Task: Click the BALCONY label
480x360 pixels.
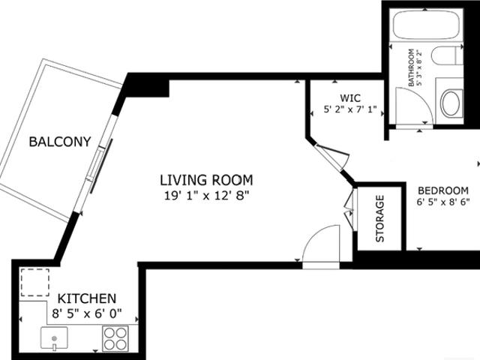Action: point(60,142)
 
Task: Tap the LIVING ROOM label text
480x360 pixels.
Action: point(207,180)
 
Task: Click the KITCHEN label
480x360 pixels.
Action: point(87,298)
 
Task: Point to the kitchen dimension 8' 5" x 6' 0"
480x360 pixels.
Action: point(87,313)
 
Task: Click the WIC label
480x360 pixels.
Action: point(350,98)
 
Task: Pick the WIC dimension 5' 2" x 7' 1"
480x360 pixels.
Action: point(350,109)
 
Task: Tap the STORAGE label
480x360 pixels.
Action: point(380,218)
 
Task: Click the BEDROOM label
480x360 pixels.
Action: point(443,190)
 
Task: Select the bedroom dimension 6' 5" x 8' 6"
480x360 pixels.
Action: point(443,202)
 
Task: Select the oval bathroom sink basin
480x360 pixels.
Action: point(451,103)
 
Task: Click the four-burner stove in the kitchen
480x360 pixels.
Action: point(115,339)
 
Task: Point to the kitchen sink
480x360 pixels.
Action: point(54,338)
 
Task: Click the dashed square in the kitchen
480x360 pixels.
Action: point(35,282)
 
